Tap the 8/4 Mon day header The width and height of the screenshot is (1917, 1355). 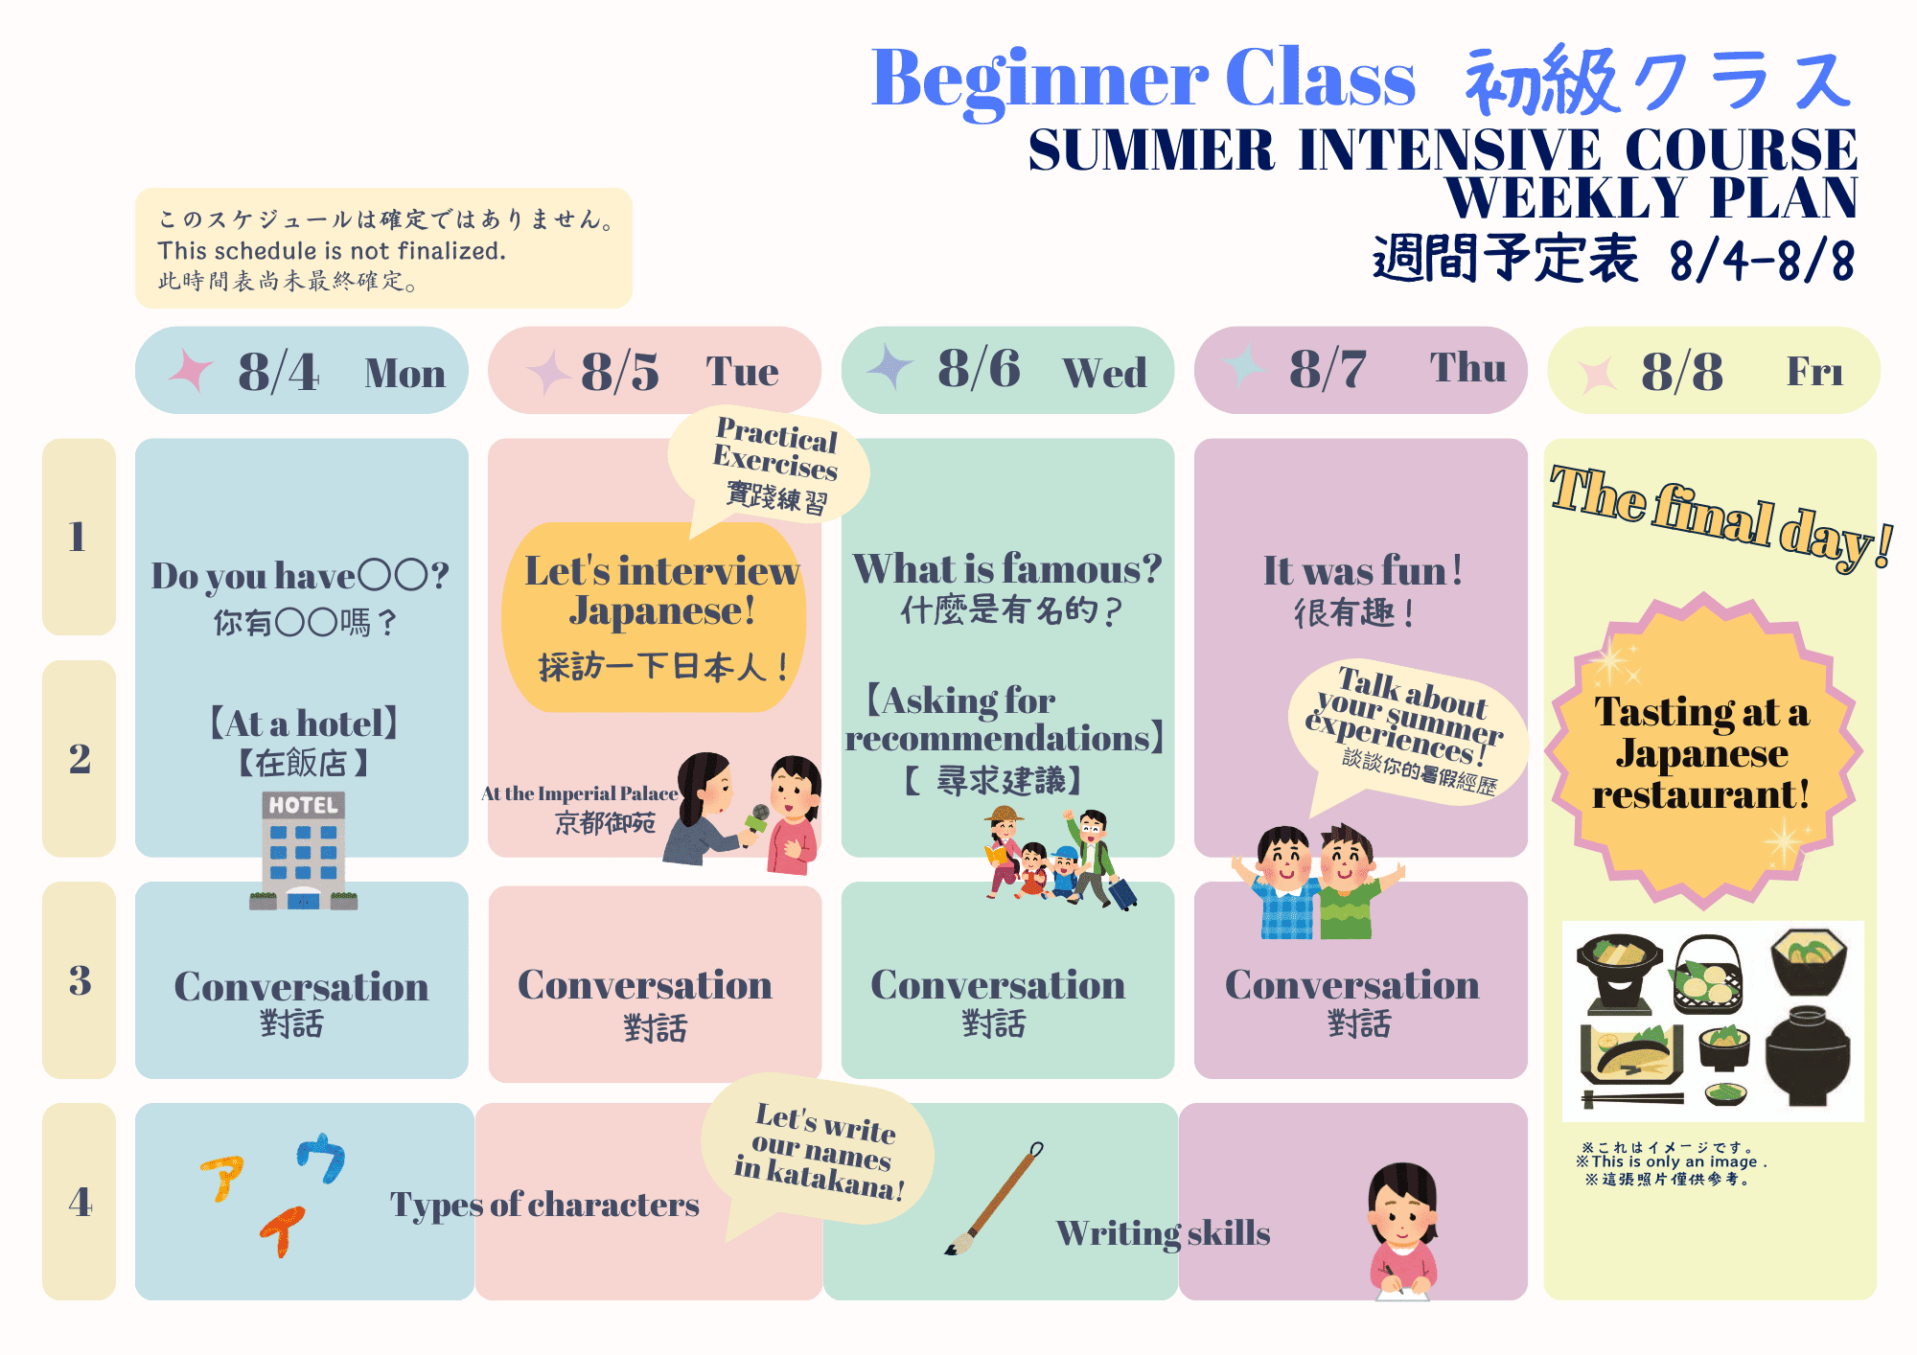pos(302,370)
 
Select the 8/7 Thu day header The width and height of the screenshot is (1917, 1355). pos(1360,370)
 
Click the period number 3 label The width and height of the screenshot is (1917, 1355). pos(80,980)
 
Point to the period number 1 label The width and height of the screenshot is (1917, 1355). pos(78,537)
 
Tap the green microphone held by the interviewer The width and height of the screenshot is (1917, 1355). pos(756,819)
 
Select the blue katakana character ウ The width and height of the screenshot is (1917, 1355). pos(321,1158)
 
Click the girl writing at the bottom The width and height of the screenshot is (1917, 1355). pos(1402,1231)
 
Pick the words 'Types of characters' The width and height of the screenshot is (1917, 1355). pos(544,1205)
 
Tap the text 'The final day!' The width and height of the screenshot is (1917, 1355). pos(1721,517)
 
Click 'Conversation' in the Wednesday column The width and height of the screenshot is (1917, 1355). pos(998,985)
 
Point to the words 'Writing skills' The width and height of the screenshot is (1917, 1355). pos(1164,1233)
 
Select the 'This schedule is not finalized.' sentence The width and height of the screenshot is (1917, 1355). pos(332,251)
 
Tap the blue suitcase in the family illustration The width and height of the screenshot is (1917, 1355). pos(1122,893)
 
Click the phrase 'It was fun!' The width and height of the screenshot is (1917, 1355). pos(1362,571)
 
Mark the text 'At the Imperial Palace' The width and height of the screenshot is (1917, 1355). pos(579,793)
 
